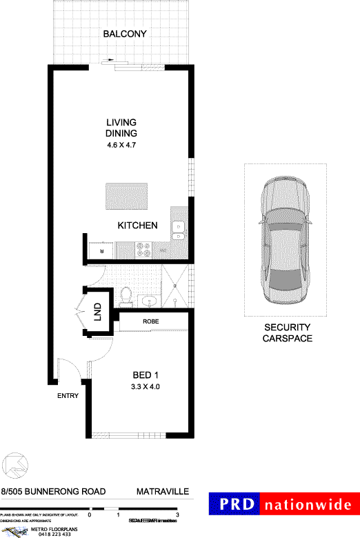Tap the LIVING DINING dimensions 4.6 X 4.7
tap(121, 145)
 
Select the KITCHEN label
tap(138, 226)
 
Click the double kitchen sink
tap(178, 230)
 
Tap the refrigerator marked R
tap(101, 249)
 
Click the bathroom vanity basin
tap(148, 300)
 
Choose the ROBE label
tap(152, 321)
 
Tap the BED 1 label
tap(146, 375)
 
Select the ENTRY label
tap(68, 396)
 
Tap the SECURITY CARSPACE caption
tap(288, 332)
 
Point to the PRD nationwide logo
tap(284, 504)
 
